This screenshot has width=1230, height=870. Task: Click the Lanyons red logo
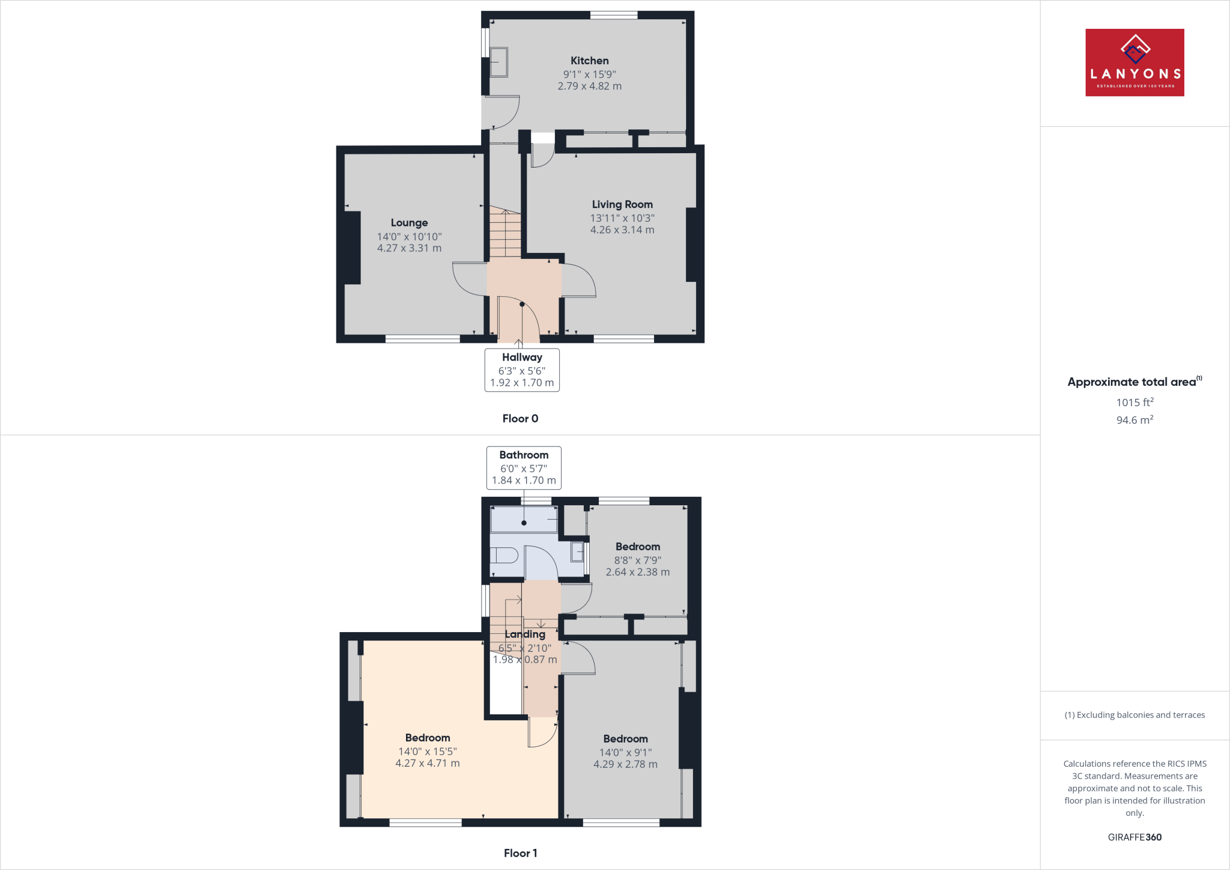(x=1135, y=62)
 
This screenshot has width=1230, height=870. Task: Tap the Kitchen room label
(x=589, y=61)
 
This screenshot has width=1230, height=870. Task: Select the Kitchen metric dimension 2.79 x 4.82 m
(x=589, y=86)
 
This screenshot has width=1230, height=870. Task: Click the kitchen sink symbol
(x=498, y=62)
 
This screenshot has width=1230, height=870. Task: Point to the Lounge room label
(x=409, y=223)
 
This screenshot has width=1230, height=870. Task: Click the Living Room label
(x=622, y=204)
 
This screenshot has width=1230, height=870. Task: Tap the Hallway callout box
(x=522, y=370)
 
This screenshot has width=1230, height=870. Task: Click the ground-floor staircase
(x=505, y=233)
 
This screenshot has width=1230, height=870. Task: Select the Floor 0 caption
(x=520, y=419)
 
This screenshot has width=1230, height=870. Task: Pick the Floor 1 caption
(x=520, y=853)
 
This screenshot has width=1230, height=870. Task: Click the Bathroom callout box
(x=524, y=467)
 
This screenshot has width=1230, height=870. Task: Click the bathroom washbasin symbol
(x=577, y=552)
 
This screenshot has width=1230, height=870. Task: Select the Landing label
(x=525, y=634)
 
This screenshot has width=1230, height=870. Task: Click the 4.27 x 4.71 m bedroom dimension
(x=427, y=764)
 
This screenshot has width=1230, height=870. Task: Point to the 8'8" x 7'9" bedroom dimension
(x=637, y=560)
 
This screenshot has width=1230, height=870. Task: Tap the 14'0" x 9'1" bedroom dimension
(x=625, y=752)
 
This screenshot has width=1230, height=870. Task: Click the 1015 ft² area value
(x=1135, y=403)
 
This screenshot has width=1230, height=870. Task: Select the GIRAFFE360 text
(x=1135, y=837)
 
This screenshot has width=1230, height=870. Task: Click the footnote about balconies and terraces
(x=1135, y=715)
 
